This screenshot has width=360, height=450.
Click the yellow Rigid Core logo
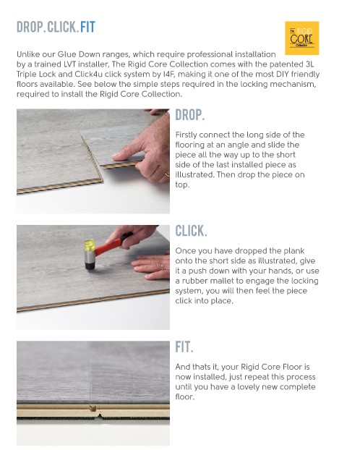point(301,38)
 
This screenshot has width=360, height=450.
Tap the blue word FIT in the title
point(87,27)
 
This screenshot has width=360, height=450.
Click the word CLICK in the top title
point(61,27)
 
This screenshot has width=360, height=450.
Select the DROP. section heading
point(190,115)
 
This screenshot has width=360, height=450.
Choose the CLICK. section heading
point(191,231)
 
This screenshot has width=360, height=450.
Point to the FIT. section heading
point(184,347)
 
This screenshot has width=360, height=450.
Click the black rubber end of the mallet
point(90,266)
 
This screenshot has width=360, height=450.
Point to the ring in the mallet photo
point(163,267)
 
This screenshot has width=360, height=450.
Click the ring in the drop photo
point(167,174)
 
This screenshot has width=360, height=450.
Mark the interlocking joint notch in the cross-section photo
point(93,408)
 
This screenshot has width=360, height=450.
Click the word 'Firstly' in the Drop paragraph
point(186,135)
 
